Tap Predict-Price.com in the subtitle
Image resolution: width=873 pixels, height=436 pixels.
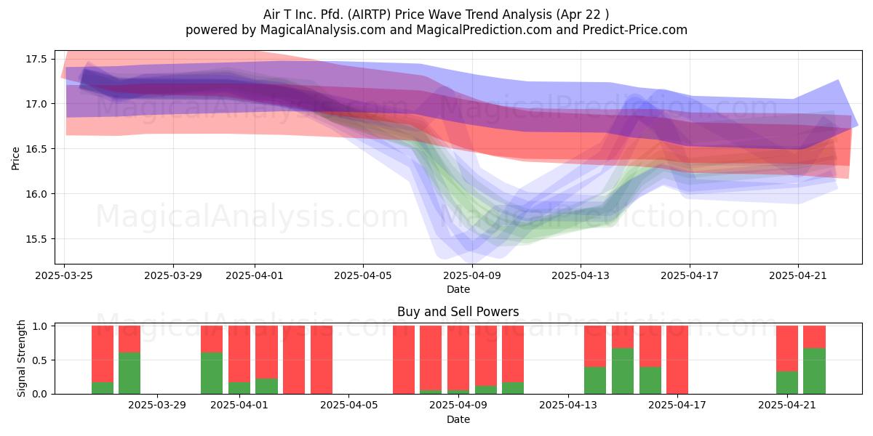click(x=635, y=30)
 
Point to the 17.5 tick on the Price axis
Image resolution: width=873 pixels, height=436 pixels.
click(x=36, y=59)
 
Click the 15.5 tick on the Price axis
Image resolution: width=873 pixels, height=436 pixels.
click(x=36, y=239)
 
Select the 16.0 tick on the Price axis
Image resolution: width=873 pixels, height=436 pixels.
click(x=36, y=194)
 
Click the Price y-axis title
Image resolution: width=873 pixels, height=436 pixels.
click(x=15, y=158)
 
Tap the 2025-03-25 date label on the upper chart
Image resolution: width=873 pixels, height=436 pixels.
click(x=64, y=275)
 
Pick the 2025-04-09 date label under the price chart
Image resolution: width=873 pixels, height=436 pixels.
click(x=472, y=275)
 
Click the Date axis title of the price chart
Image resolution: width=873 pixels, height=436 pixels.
click(x=458, y=289)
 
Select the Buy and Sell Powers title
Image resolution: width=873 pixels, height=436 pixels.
click(x=458, y=312)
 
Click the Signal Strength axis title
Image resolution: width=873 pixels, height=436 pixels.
click(x=21, y=358)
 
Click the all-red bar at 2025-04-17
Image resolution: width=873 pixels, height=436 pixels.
click(x=677, y=360)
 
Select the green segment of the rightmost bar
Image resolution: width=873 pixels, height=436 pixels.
click(x=814, y=371)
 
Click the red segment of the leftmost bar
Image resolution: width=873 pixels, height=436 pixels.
click(x=103, y=354)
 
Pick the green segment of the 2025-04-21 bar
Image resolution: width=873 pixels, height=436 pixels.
click(x=787, y=383)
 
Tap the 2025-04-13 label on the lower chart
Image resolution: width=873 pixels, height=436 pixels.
click(x=568, y=405)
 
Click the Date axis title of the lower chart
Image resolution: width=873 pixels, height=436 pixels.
click(x=458, y=419)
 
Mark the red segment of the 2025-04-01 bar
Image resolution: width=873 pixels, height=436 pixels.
click(x=239, y=354)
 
